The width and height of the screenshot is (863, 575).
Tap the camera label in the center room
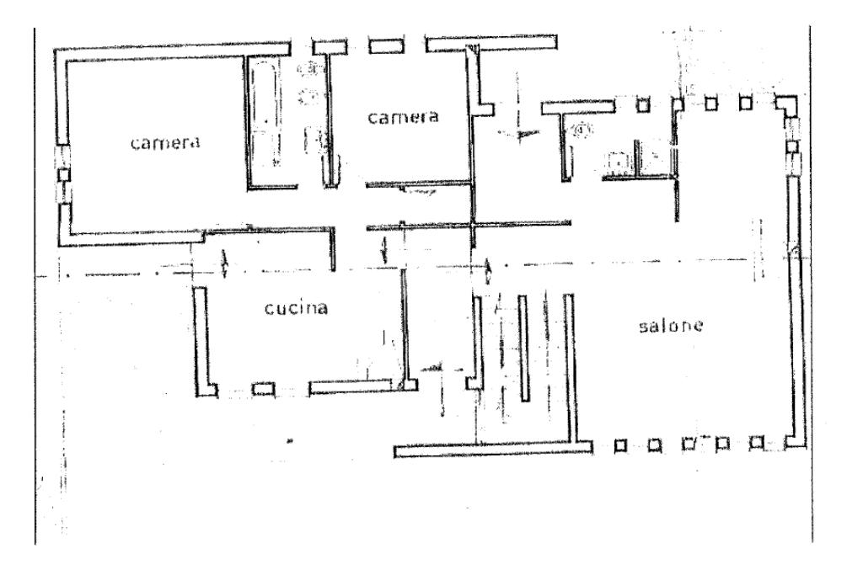[403, 117]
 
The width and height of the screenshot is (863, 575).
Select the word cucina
[291, 308]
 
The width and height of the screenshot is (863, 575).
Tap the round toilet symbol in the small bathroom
[582, 130]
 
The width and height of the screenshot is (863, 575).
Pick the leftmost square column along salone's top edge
[643, 104]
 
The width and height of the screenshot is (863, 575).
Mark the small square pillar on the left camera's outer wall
[63, 173]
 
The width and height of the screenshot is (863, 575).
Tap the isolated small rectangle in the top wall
[384, 45]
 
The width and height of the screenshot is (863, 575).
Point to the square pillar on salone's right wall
[791, 146]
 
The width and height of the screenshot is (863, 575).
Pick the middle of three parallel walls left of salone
[523, 347]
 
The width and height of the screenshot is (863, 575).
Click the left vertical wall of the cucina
[201, 341]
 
